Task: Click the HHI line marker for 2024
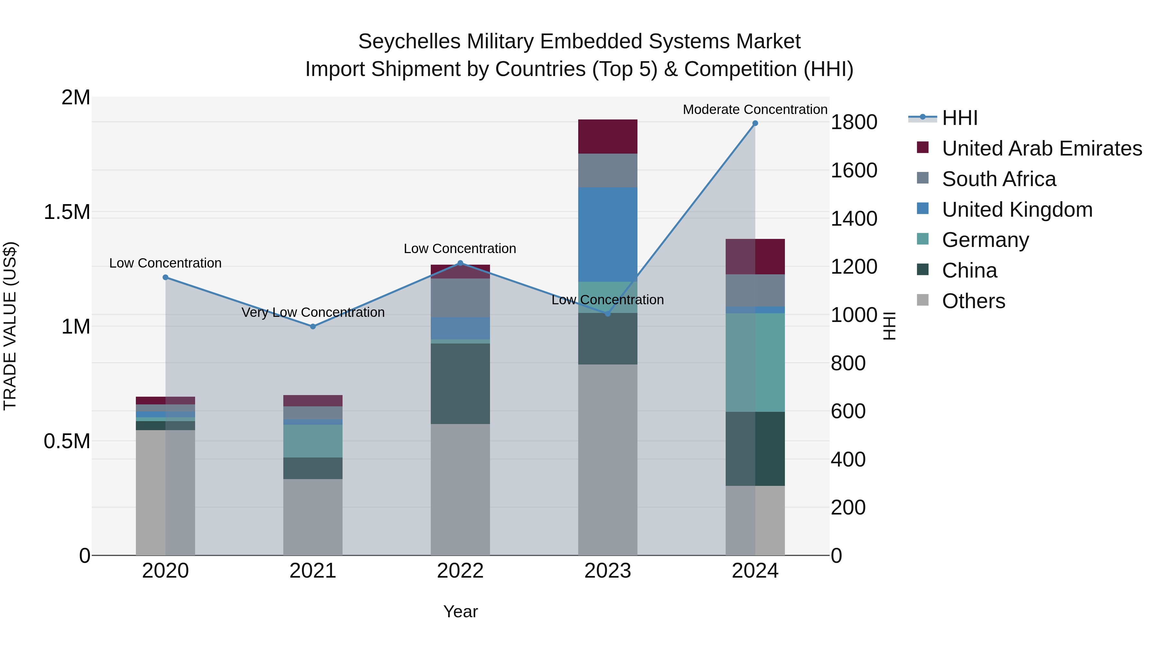pos(755,123)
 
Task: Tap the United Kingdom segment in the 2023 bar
pos(608,234)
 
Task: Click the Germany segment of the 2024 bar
pos(755,362)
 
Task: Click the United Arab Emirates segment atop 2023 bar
pos(608,136)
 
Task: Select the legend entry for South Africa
pos(999,179)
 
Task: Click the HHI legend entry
pos(959,118)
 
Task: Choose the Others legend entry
pos(973,301)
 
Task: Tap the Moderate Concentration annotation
pos(755,109)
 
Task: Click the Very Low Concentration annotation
pos(313,312)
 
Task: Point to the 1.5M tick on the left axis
pos(67,212)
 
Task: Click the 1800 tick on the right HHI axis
pos(853,122)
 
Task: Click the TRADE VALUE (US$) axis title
pos(10,326)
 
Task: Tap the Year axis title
pos(460,611)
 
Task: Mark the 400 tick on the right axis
pos(848,459)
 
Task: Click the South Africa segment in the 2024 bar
pos(755,290)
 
